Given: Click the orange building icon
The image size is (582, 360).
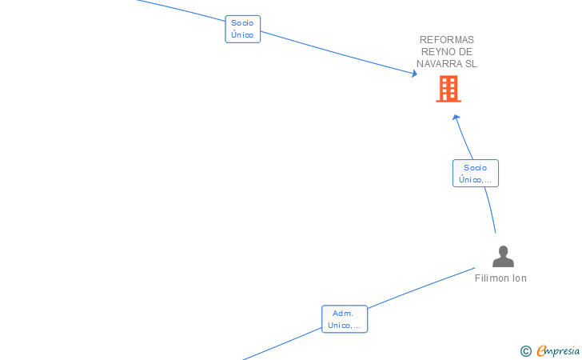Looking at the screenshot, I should pos(448,89).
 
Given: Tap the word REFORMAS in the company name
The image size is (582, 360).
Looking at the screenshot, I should pos(447,40).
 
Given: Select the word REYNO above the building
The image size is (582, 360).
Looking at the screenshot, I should pos(436,52).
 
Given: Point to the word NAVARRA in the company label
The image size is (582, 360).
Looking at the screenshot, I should pos(438,64).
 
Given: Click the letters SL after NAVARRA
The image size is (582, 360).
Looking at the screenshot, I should pos(470,64).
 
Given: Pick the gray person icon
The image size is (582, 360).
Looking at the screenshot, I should pos(503,257).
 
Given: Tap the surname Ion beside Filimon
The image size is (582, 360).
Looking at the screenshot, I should pos(520,278).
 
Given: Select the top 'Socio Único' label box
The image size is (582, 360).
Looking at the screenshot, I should pos(242,29).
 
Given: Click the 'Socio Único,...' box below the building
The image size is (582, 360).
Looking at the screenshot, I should pos(475,174).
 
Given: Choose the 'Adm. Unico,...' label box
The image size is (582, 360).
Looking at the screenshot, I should pos(344,319).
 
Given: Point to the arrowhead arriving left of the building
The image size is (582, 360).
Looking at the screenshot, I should pos(414,74).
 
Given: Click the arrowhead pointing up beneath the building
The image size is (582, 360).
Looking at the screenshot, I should pos(456,118).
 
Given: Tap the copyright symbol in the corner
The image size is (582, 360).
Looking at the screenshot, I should pos(525,350).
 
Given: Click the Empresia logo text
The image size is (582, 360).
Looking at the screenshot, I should pos(558,350).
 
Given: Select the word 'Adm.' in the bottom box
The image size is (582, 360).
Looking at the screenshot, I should pos(343,314).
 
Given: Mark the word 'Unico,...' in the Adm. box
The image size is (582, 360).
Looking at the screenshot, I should pos(345,326).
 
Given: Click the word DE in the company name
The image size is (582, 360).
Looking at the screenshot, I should pos(466,52).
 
